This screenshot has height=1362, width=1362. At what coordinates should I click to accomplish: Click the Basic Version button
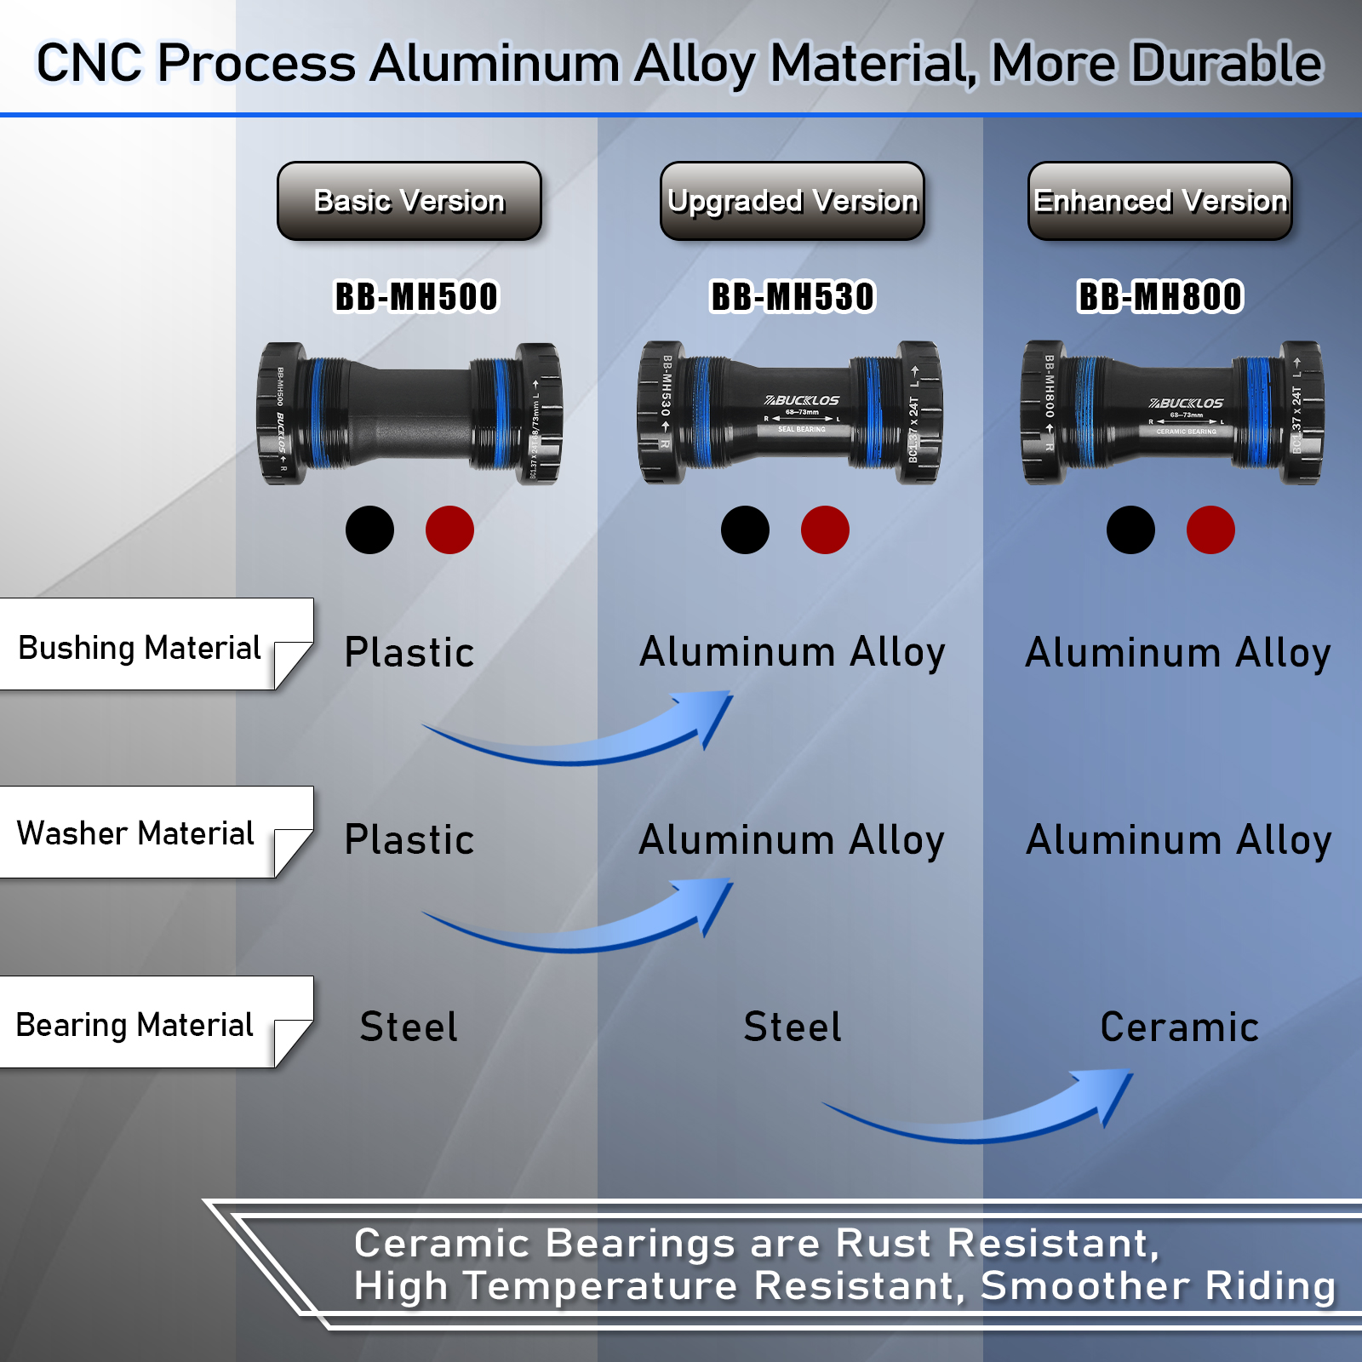[x=409, y=201]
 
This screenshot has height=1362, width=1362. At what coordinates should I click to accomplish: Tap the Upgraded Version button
[x=793, y=201]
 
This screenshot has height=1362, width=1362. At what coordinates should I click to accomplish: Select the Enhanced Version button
[x=1160, y=201]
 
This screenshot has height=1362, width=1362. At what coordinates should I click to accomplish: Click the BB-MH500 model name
[x=416, y=297]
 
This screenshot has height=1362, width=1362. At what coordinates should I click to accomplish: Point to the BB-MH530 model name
[x=793, y=297]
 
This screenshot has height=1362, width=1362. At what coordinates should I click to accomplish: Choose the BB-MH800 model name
[x=1160, y=297]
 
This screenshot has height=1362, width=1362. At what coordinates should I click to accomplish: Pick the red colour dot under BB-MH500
[x=449, y=530]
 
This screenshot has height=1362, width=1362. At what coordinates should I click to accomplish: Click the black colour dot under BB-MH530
[x=745, y=530]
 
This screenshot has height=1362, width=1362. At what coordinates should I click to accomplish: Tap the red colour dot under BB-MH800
[x=1210, y=530]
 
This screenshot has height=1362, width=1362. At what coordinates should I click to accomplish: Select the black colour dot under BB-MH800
[x=1130, y=530]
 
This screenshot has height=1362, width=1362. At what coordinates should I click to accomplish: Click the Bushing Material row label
[x=140, y=648]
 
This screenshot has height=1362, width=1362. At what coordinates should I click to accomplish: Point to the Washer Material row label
[x=136, y=833]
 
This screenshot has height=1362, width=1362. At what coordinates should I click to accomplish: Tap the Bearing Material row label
[x=135, y=1025]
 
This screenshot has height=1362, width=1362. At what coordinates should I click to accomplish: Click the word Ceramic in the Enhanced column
[x=1179, y=1027]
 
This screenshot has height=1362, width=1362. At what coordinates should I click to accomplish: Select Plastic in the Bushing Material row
[x=409, y=653]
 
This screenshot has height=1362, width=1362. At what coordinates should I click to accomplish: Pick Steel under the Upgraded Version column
[x=793, y=1027]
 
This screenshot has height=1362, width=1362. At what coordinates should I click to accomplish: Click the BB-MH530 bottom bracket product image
[x=790, y=414]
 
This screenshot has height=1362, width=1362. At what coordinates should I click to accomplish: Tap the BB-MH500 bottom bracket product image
[x=409, y=414]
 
